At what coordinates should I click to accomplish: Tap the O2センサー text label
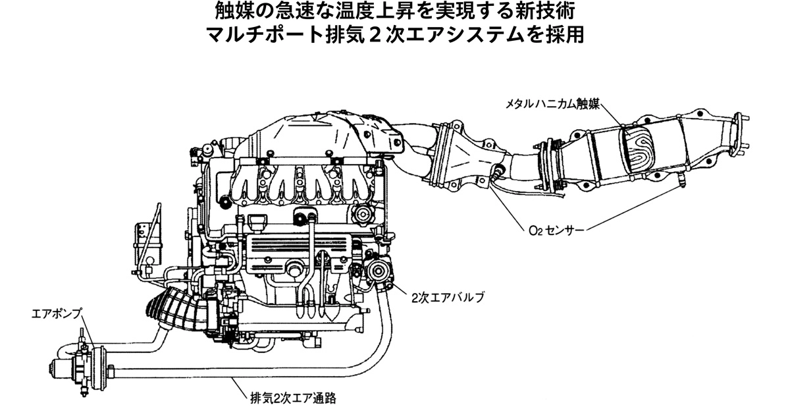point(557,231)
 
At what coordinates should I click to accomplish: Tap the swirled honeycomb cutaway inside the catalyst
point(638,149)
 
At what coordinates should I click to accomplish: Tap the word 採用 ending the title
point(566,36)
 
